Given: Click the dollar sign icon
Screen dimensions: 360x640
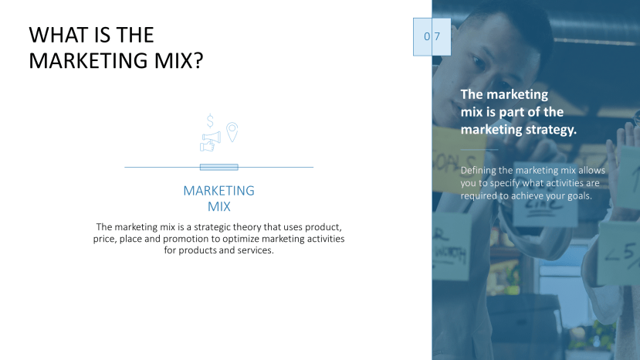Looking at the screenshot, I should (210, 121).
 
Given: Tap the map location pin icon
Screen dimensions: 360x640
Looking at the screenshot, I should (231, 131).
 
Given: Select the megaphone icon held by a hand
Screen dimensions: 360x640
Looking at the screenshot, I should (210, 141).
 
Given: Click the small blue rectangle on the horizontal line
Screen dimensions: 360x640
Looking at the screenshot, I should (218, 167).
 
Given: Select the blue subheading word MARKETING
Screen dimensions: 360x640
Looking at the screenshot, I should (218, 191).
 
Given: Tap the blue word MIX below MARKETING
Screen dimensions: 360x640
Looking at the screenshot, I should (218, 207).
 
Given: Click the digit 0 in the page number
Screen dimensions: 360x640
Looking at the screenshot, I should (427, 36).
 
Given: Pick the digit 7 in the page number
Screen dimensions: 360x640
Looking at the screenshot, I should (437, 36).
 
